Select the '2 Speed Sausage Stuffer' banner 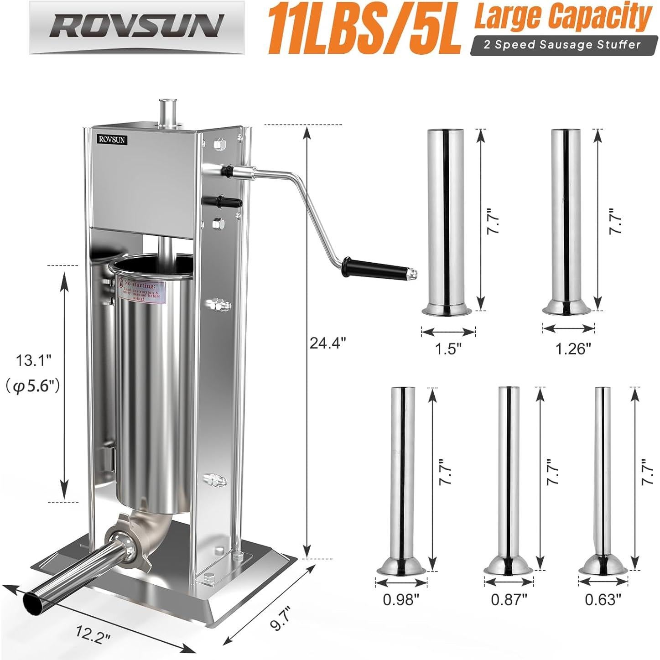pyautogui.click(x=562, y=45)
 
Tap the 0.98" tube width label pyautogui.click(x=401, y=599)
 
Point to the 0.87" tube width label pyautogui.click(x=509, y=599)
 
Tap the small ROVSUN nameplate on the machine pyautogui.click(x=112, y=139)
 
